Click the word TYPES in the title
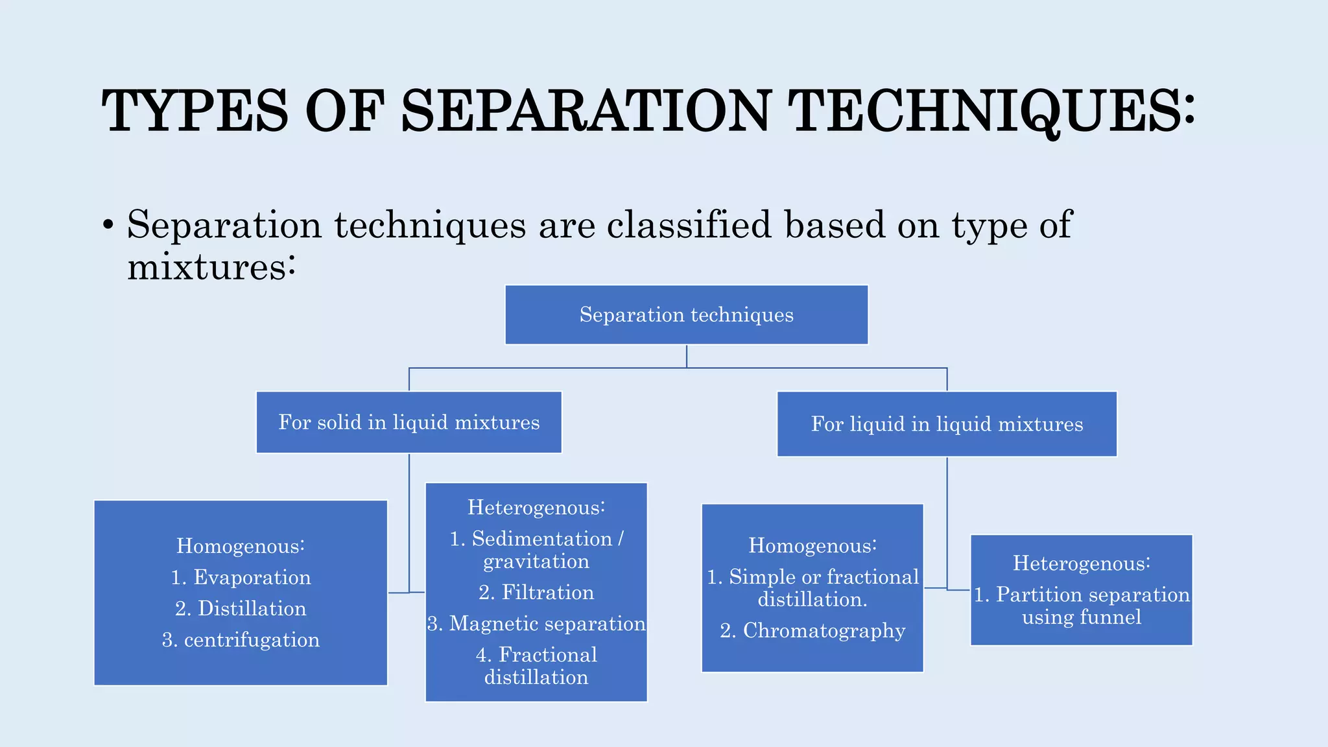click(195, 112)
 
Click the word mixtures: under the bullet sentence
click(211, 267)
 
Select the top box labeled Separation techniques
click(686, 315)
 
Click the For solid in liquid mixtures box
click(409, 423)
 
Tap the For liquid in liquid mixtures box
click(947, 424)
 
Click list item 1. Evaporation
click(241, 577)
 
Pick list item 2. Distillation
click(241, 608)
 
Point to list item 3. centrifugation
click(241, 640)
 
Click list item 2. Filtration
click(536, 592)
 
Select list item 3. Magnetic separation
click(536, 624)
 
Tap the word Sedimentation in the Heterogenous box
click(542, 539)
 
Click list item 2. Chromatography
click(812, 630)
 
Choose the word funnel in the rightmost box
click(1110, 617)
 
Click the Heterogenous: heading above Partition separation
click(1082, 563)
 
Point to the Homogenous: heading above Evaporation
click(241, 546)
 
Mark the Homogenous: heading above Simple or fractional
click(812, 545)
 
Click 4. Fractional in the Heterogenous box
click(536, 655)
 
